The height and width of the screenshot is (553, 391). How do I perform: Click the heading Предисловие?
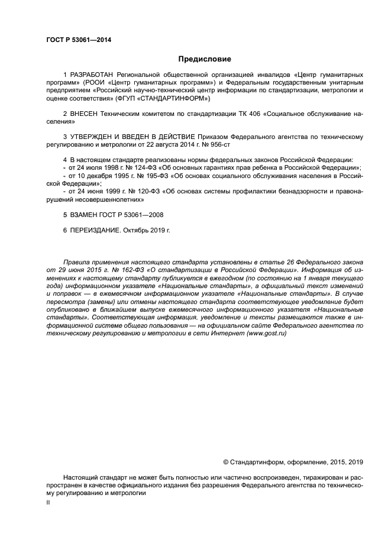point(205,59)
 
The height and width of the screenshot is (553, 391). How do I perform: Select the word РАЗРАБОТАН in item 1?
point(93,75)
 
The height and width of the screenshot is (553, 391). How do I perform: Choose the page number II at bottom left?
point(49,502)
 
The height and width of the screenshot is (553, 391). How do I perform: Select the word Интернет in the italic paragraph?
point(230,334)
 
